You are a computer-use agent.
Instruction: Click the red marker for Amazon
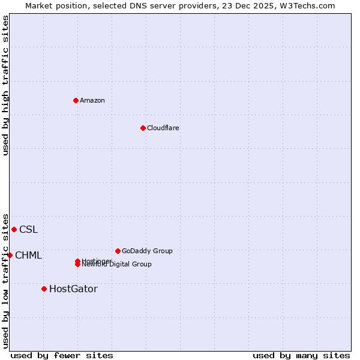(x=76, y=100)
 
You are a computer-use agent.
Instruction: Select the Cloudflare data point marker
(x=143, y=128)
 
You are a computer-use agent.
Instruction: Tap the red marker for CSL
(x=14, y=229)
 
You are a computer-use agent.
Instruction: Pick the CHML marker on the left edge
(x=10, y=255)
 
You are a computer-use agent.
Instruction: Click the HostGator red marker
(x=44, y=289)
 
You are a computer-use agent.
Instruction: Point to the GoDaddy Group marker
(x=118, y=251)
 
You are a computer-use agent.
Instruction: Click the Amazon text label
(x=92, y=100)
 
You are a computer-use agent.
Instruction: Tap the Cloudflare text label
(x=163, y=128)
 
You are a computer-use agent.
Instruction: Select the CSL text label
(x=28, y=229)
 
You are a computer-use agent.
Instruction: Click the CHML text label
(x=28, y=255)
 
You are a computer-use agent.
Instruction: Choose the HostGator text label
(x=73, y=289)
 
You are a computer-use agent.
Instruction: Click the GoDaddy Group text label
(x=147, y=251)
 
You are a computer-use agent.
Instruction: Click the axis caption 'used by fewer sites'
(x=62, y=355)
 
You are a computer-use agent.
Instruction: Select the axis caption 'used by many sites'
(x=301, y=355)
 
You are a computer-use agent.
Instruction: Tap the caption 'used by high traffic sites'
(x=5, y=85)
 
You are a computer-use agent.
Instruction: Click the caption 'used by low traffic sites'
(x=5, y=280)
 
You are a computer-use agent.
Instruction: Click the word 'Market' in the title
(x=39, y=5)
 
